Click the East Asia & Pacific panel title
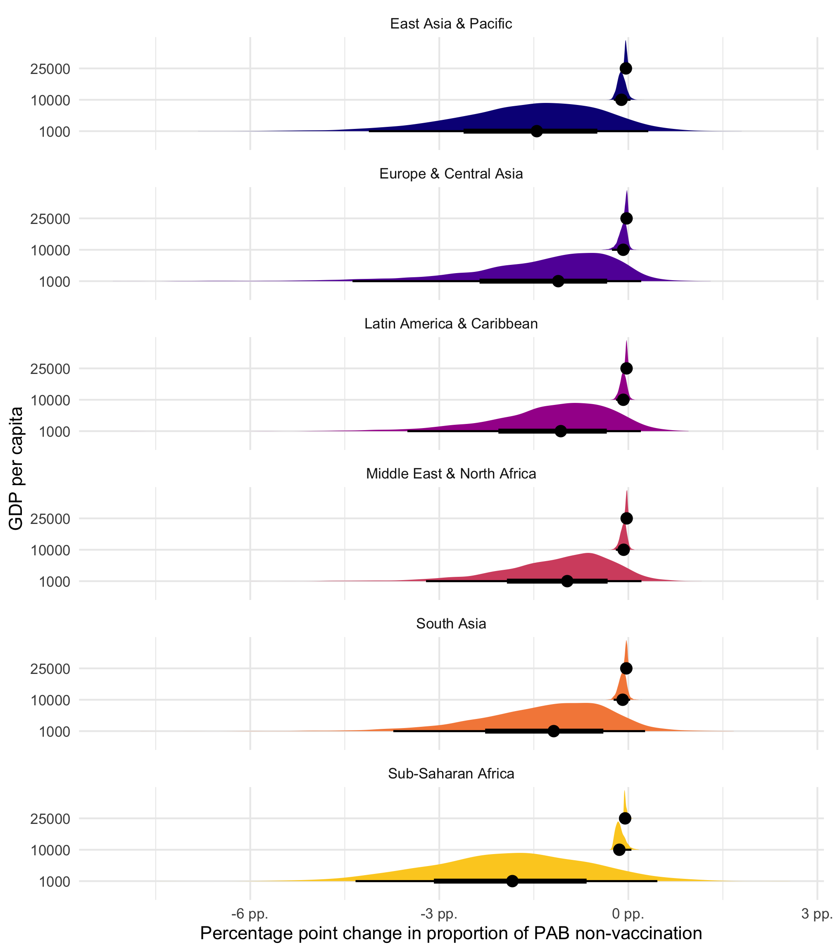(451, 24)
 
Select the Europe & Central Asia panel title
(451, 174)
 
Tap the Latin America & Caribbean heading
(451, 324)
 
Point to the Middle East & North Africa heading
(451, 474)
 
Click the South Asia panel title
(451, 624)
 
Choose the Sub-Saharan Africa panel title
(451, 773)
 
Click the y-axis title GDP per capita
(16, 468)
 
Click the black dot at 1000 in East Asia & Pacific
(536, 131)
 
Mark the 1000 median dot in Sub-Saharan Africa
(512, 881)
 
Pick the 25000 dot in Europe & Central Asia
(626, 219)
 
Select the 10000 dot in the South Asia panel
(622, 700)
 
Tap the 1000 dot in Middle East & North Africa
(567, 581)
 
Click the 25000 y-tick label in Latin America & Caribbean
(50, 369)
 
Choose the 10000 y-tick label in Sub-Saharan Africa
(50, 850)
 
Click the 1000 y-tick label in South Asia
(55, 732)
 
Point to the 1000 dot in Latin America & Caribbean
(561, 431)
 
